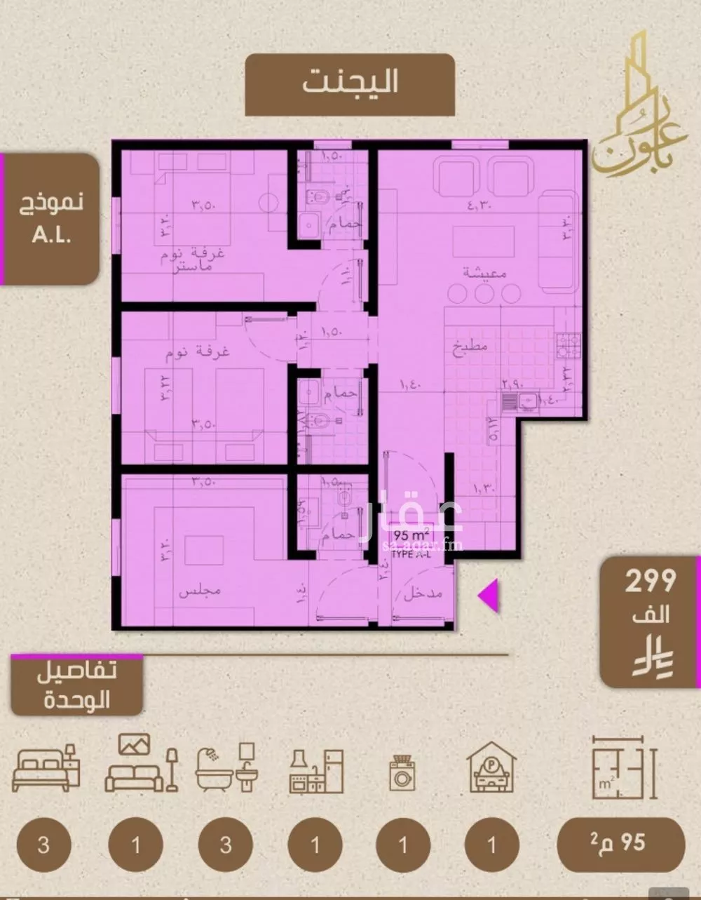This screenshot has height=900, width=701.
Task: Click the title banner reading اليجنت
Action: (350, 83)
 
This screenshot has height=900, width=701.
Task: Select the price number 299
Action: (650, 582)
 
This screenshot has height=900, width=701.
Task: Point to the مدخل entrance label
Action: (423, 595)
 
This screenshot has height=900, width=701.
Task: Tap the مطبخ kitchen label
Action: (469, 346)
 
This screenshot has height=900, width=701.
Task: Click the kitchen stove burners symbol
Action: (568, 343)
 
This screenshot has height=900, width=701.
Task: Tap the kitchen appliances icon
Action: (316, 771)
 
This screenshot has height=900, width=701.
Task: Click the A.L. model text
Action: (52, 234)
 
